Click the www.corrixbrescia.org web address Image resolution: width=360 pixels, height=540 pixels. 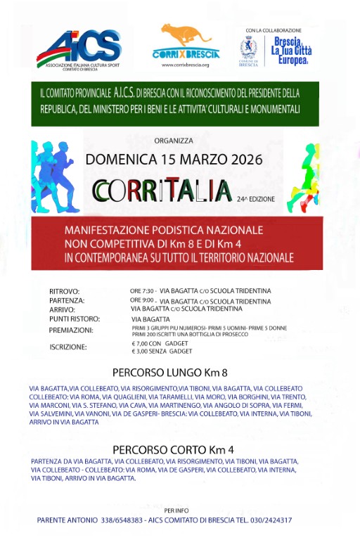(186, 65)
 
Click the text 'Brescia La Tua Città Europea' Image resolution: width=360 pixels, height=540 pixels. (291, 51)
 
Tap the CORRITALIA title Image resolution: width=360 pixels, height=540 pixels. (162, 190)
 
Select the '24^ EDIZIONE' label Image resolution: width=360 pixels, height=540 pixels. (256, 199)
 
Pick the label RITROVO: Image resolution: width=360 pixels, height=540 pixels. (65, 292)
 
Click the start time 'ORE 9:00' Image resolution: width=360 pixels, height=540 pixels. (143, 300)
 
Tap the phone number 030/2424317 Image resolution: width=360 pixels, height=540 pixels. (268, 520)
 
